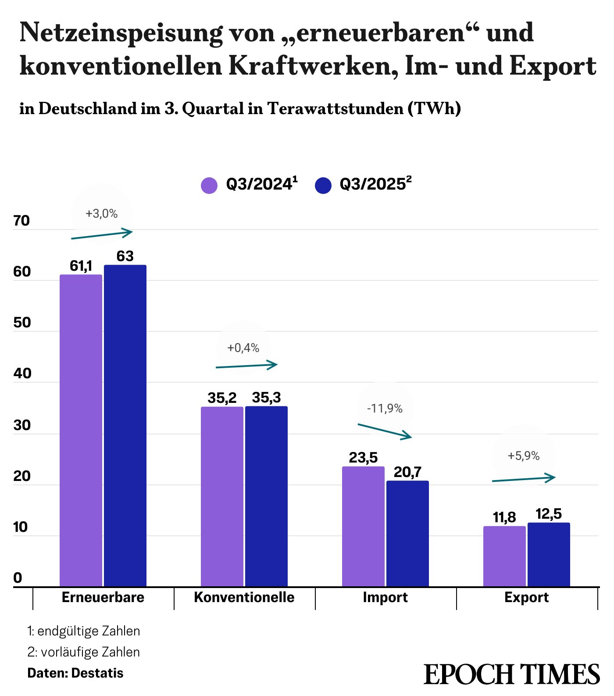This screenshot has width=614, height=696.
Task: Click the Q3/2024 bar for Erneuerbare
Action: [81, 430]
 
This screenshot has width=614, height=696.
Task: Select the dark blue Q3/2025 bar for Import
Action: [407, 533]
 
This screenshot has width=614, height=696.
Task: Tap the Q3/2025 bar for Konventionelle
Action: [266, 496]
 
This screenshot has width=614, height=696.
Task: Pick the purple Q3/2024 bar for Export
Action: [504, 556]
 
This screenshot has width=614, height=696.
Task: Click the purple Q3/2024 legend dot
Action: [209, 185]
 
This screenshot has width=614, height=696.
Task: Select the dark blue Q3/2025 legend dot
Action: [323, 185]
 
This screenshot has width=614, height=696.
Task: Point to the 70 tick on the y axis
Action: [21, 221]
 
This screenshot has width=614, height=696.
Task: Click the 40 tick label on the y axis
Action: [22, 373]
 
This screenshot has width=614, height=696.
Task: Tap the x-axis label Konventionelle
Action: [244, 597]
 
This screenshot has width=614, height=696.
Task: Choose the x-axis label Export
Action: [526, 597]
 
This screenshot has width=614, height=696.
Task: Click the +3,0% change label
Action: [101, 214]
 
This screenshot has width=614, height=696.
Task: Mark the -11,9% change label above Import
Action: [385, 409]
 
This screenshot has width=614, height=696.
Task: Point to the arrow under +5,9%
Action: [524, 478]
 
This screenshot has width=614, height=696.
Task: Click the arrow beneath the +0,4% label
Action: [246, 366]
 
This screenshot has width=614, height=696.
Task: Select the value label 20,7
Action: [407, 472]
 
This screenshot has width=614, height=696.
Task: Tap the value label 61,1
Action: [81, 266]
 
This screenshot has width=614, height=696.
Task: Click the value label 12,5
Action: [549, 514]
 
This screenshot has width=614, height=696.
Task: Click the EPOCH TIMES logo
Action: [511, 674]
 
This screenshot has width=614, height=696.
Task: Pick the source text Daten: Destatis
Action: [75, 673]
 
